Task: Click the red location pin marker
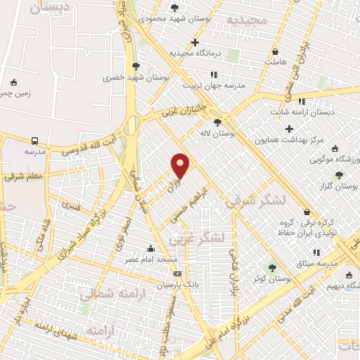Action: coord(181,165)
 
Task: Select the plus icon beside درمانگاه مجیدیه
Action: coord(195,42)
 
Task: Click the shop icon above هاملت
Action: coord(275,52)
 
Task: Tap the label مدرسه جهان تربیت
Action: coord(214,85)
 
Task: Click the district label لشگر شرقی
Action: coord(256,200)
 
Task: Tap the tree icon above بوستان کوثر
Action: coord(273,268)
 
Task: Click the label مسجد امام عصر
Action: coord(150,259)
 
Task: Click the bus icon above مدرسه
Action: coord(34,140)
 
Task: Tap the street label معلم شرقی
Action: coord(23,176)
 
